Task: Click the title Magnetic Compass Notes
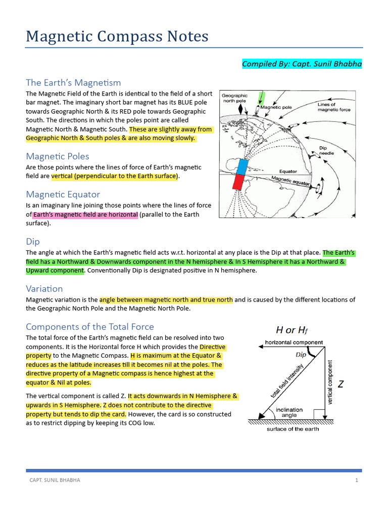(x=117, y=36)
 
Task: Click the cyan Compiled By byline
(x=302, y=64)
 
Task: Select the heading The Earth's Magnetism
(x=73, y=82)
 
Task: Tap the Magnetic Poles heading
(x=58, y=156)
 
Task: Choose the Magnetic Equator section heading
(x=63, y=194)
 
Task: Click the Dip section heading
(x=33, y=241)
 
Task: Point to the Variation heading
(x=44, y=288)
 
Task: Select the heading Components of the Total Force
(x=90, y=326)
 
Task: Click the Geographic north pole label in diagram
(x=235, y=98)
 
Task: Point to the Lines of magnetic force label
(x=334, y=107)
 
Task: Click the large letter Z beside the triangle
(x=341, y=384)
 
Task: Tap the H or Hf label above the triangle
(x=291, y=330)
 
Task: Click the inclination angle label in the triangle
(x=289, y=412)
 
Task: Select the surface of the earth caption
(x=293, y=429)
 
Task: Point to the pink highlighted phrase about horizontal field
(x=85, y=214)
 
